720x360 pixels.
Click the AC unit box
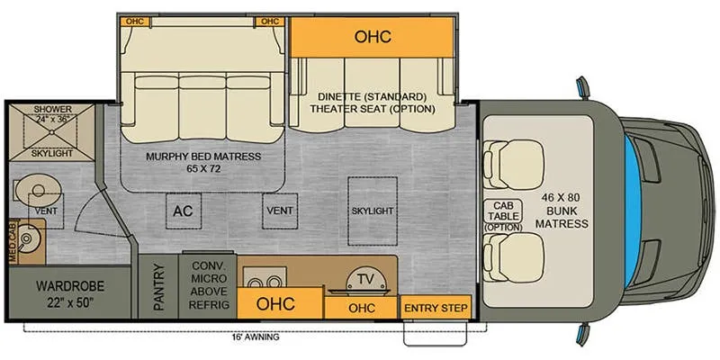tap(183, 211)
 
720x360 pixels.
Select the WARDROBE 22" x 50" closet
tap(70, 292)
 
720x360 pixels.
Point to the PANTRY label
tap(158, 287)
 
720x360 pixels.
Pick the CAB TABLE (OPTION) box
tap(503, 214)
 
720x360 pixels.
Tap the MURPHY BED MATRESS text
tap(203, 157)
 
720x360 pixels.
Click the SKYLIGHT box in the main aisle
tap(373, 211)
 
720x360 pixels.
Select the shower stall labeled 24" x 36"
tap(52, 132)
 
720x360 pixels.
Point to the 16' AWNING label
tap(256, 337)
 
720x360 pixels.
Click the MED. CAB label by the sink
tap(13, 242)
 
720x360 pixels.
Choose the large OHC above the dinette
tap(373, 37)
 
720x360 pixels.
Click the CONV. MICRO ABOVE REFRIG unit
tap(209, 285)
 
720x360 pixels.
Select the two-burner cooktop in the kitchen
tap(264, 278)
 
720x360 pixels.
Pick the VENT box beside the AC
tap(280, 211)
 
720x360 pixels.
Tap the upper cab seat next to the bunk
tap(513, 164)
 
